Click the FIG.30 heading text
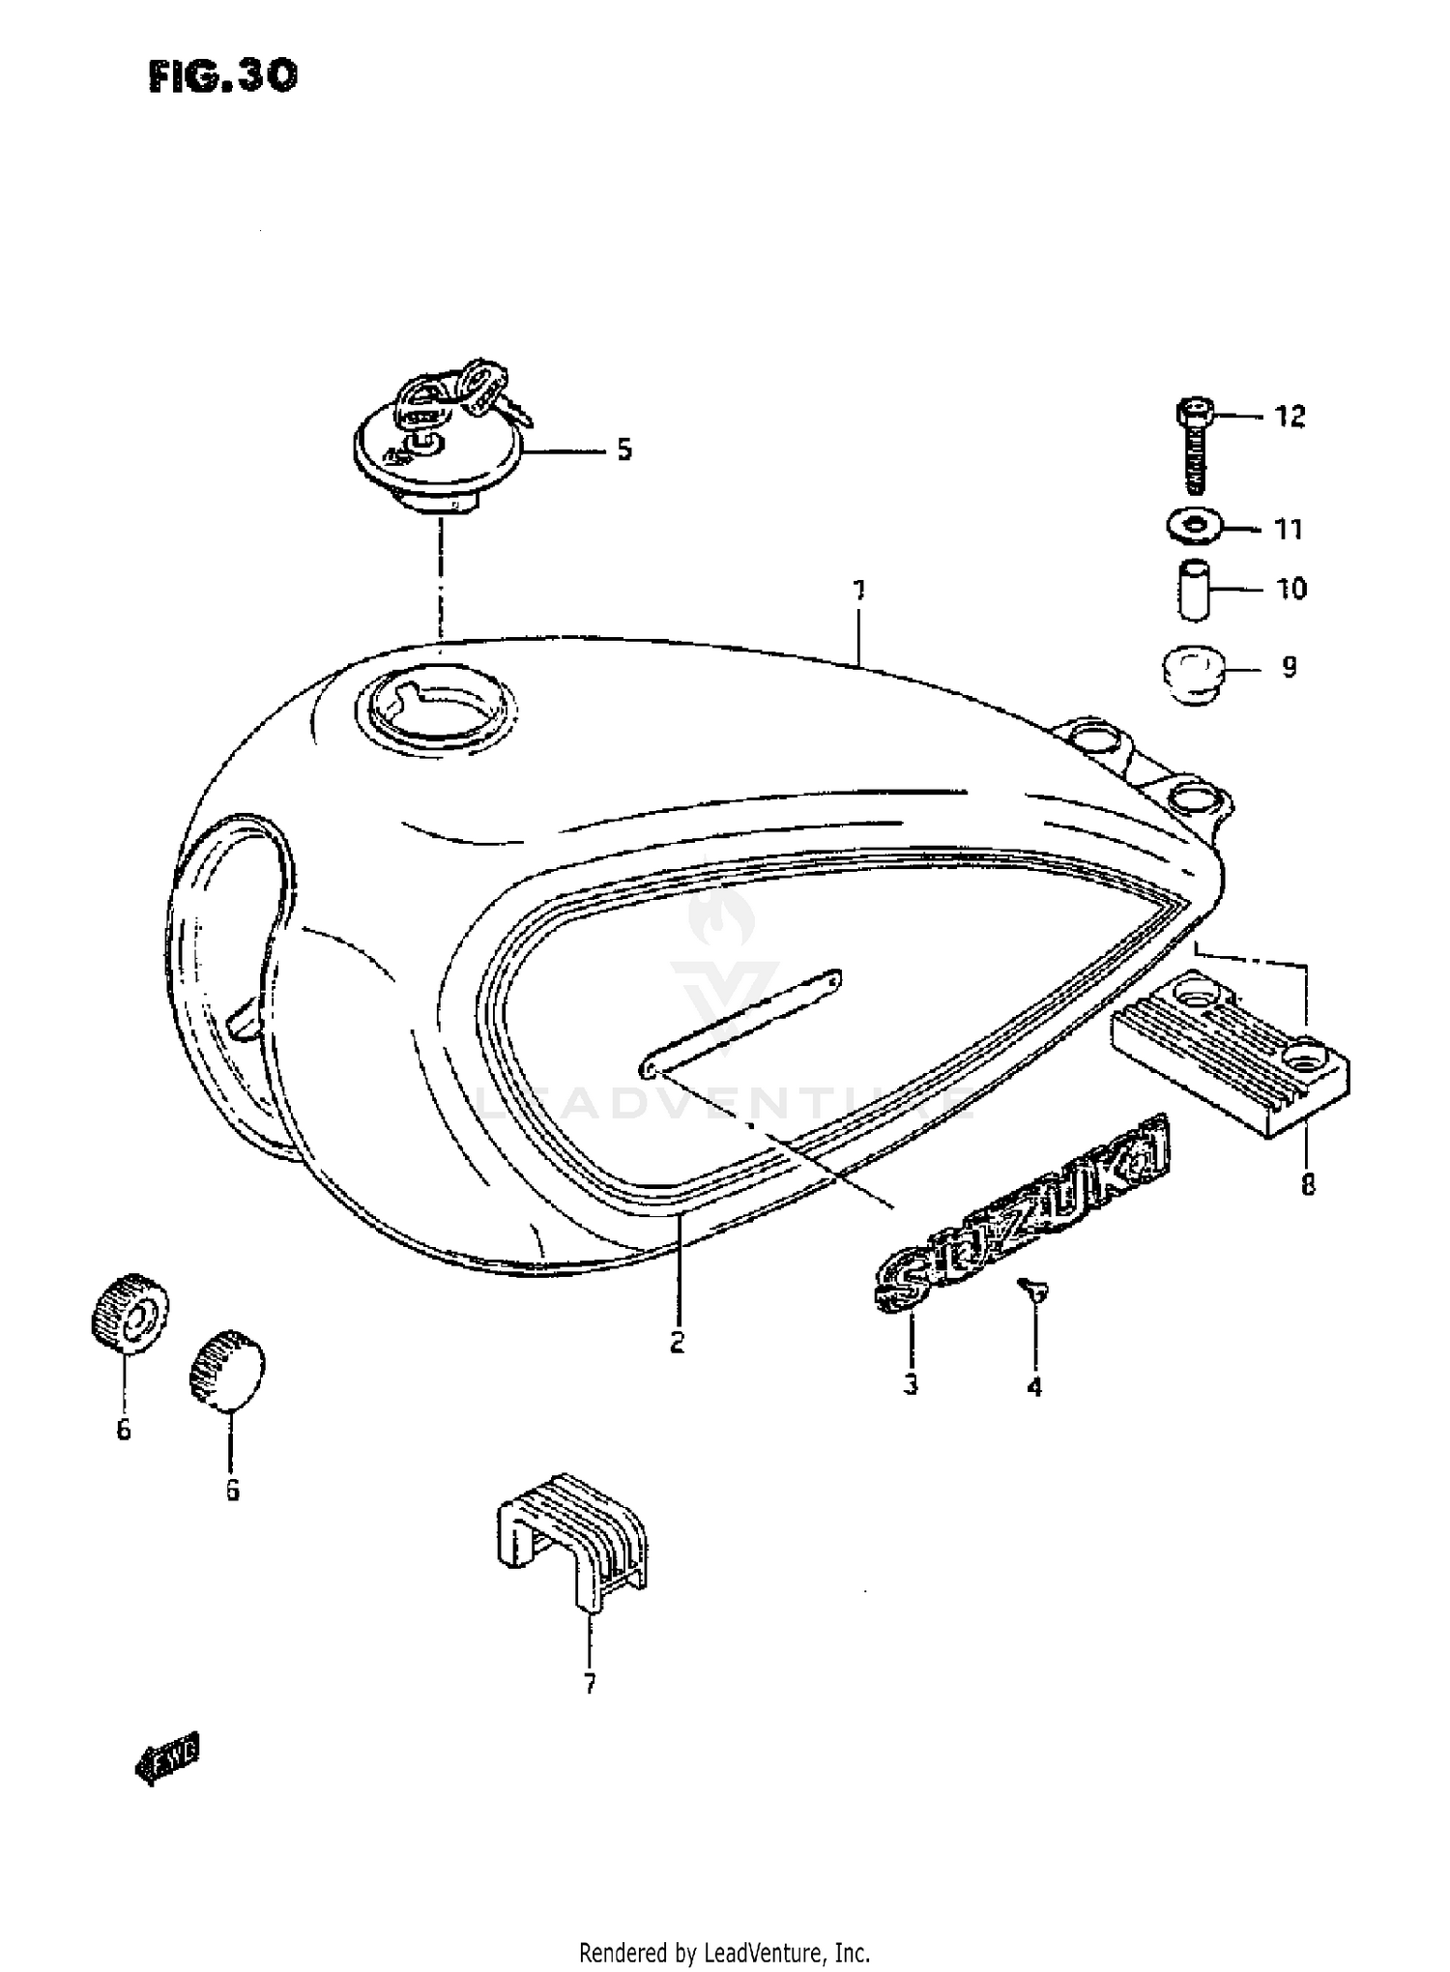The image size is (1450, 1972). tap(223, 76)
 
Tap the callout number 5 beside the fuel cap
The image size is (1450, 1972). tap(624, 449)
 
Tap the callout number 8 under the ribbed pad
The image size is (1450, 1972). tap(1308, 1184)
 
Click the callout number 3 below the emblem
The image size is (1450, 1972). tap(910, 1384)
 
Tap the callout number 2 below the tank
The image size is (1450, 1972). tap(677, 1342)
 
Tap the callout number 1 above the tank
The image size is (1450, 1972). tap(858, 590)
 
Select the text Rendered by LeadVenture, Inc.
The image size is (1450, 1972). tap(724, 1953)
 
